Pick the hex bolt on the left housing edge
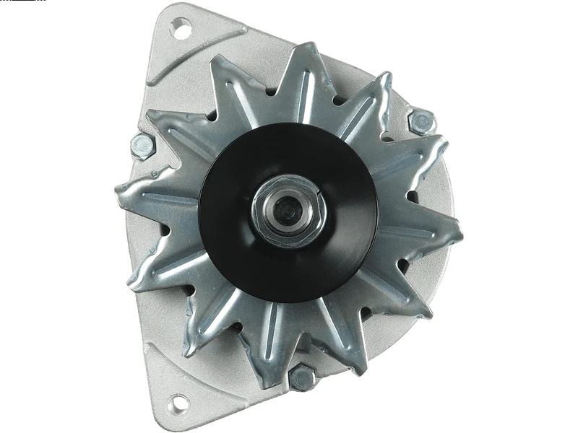pyautogui.click(x=140, y=146)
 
